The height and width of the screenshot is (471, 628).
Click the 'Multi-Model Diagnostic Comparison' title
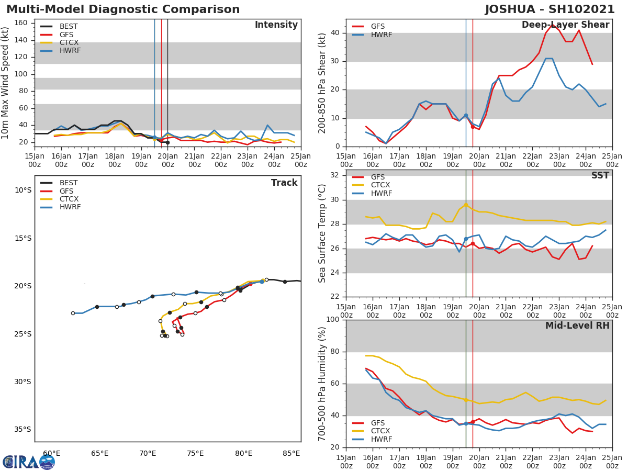pos(123,9)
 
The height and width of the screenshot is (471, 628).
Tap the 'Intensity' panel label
pos(276,25)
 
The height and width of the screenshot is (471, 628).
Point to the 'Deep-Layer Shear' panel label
pos(565,25)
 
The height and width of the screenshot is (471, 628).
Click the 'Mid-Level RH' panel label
pos(577,326)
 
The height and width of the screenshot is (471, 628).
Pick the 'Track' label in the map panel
pos(284,183)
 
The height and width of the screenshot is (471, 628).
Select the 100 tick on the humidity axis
pos(333,320)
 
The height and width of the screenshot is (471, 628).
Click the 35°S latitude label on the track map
pos(23,430)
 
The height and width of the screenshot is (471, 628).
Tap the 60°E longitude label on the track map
pos(51,453)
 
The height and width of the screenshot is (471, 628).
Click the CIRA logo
pos(29,462)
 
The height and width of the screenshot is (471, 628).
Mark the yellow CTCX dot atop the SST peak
pos(466,205)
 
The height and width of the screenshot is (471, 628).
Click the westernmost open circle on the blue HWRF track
pos(73,313)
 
